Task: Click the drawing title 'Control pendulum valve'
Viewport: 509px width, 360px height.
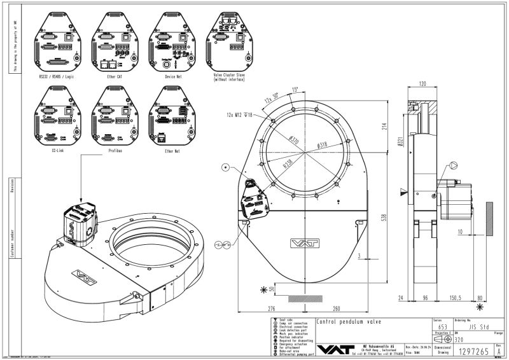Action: (349, 322)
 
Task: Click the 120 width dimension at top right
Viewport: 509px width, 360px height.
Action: (422, 83)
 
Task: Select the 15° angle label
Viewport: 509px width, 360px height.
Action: (295, 89)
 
